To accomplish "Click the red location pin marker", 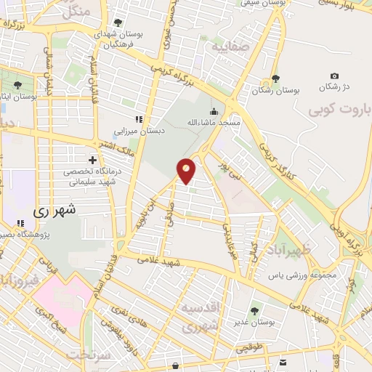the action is tap(187, 170).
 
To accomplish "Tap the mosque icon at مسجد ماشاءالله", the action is tap(214, 112).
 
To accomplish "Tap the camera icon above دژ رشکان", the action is tap(334, 76).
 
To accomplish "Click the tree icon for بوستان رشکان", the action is tap(275, 78).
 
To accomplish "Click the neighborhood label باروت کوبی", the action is tap(340, 110).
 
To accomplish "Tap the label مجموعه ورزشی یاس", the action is tap(295, 276).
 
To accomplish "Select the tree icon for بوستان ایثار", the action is tap(17, 84).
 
